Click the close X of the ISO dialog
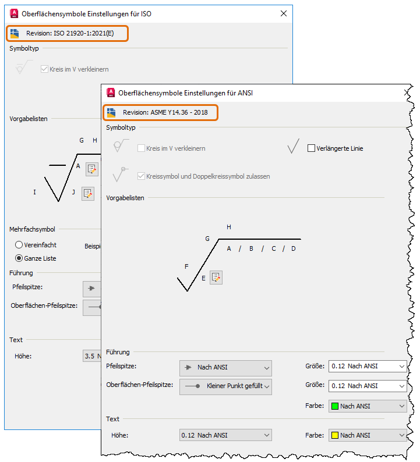[284, 13]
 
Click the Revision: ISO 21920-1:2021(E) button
[67, 33]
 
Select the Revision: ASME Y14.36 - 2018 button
[160, 112]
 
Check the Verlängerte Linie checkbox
[311, 148]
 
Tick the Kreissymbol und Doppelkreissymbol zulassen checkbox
[142, 176]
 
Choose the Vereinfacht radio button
[19, 244]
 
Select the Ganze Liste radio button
[19, 258]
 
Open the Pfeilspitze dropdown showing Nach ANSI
[225, 368]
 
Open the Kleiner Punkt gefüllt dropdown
[225, 386]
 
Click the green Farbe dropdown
[368, 406]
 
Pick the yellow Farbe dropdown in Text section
[368, 435]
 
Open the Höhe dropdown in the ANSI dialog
[225, 435]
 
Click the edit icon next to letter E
[216, 278]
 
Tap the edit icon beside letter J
[88, 194]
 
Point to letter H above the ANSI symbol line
[229, 227]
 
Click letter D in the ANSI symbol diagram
[294, 248]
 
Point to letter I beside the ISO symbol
[34, 192]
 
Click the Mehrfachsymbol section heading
[32, 229]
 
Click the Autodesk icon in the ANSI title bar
[111, 93]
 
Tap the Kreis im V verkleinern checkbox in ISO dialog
[44, 69]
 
